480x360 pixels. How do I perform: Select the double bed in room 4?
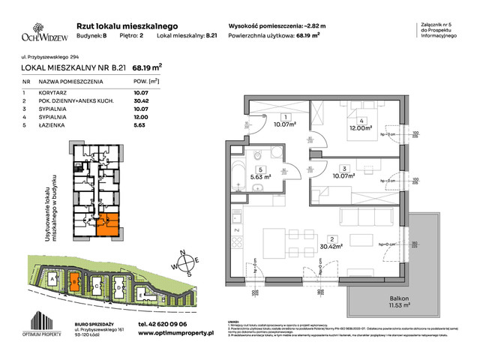[350, 121]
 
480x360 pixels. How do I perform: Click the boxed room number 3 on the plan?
[342, 168]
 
